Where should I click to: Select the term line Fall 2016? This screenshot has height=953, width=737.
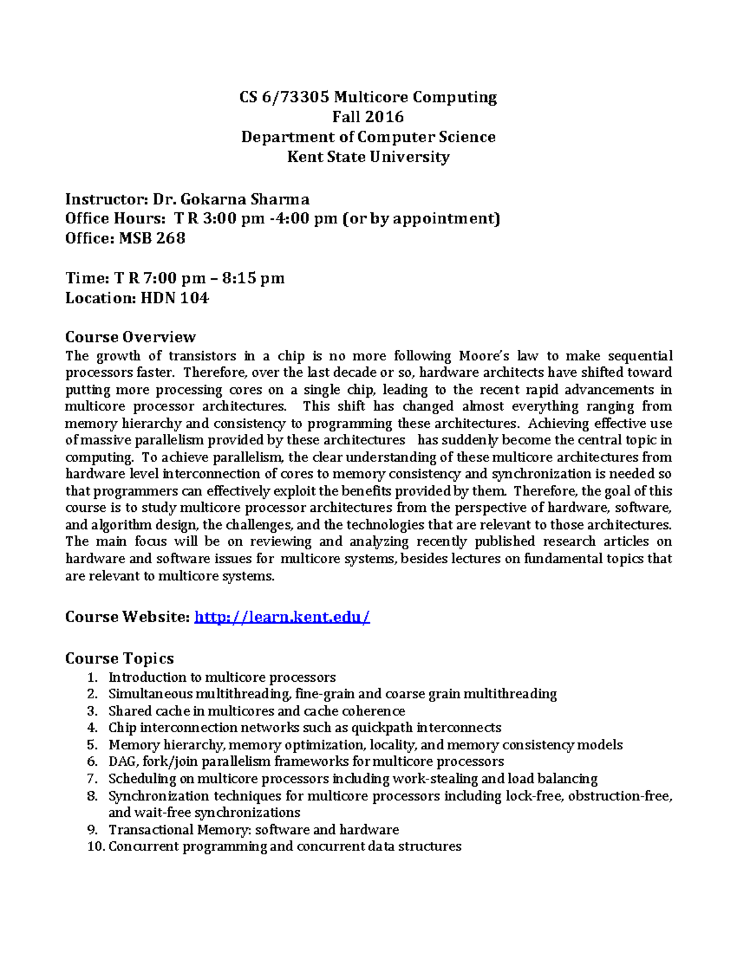pyautogui.click(x=368, y=117)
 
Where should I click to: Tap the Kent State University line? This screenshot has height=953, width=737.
pyautogui.click(x=368, y=156)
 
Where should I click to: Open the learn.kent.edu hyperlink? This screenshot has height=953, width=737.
pyautogui.click(x=282, y=617)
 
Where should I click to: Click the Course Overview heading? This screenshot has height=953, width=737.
pyautogui.click(x=130, y=337)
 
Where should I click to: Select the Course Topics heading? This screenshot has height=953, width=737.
pyautogui.click(x=119, y=658)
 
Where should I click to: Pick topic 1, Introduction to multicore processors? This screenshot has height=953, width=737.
pyautogui.click(x=222, y=677)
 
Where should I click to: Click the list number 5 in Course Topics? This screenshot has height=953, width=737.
pyautogui.click(x=92, y=744)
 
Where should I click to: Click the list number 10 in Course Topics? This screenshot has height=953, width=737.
pyautogui.click(x=95, y=847)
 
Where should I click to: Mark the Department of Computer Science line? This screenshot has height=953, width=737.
pyautogui.click(x=368, y=136)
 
